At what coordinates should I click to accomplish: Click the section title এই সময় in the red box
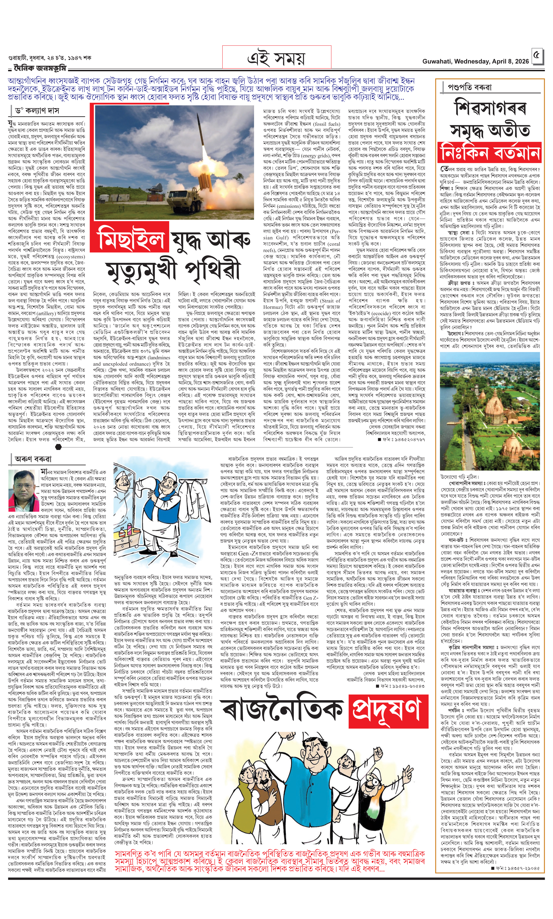pos(276,58)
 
